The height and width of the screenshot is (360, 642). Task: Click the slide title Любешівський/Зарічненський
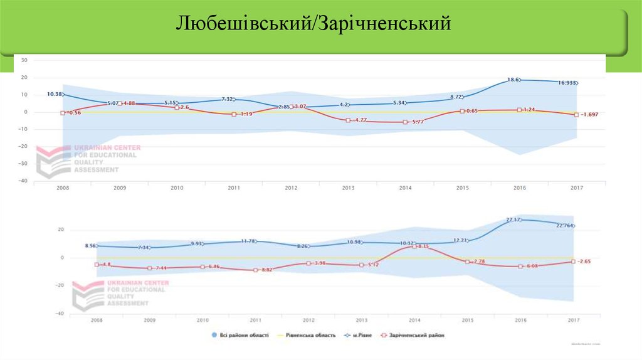[x=313, y=24]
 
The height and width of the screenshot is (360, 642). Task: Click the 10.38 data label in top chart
[x=55, y=94]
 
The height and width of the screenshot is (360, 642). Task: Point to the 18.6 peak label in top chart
[x=513, y=80]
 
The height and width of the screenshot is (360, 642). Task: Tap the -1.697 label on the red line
[x=591, y=115]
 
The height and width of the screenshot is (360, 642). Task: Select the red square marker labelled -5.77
[x=406, y=122]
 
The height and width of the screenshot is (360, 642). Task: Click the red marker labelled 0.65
[x=461, y=111]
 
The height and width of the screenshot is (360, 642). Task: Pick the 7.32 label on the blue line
[x=226, y=100]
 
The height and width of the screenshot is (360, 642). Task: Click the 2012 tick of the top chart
[x=291, y=188]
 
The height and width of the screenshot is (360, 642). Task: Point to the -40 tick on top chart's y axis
[x=24, y=181]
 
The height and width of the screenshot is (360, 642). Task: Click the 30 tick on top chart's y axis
[x=24, y=60]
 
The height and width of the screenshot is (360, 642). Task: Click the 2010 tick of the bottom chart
[x=203, y=320]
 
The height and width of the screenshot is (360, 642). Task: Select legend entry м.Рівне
[x=359, y=335]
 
